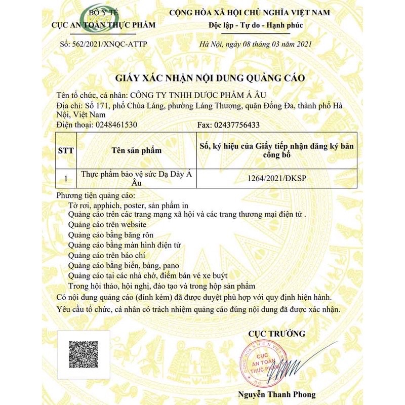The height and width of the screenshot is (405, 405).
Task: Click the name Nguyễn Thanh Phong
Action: (x=276, y=394)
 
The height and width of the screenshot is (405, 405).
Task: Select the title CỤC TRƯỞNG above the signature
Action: (x=276, y=333)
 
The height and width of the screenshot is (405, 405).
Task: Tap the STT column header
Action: (x=66, y=150)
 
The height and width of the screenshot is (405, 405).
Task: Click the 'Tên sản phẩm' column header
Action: (x=136, y=150)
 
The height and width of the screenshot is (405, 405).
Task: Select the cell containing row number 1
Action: (x=66, y=179)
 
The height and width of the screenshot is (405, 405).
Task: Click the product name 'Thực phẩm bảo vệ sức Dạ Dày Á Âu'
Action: (x=136, y=178)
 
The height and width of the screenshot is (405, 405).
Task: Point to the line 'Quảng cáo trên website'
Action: (x=107, y=224)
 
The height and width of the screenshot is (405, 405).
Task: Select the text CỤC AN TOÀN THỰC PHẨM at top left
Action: (x=104, y=25)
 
